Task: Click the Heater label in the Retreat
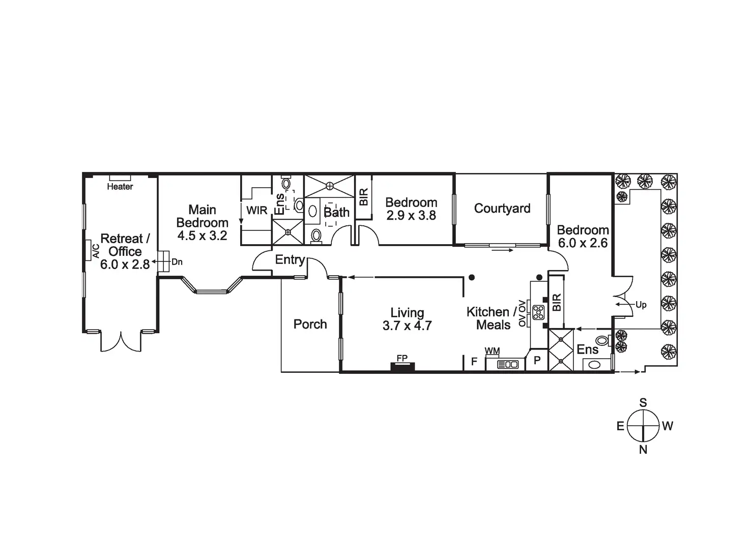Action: [x=120, y=187]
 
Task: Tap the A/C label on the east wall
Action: [x=96, y=250]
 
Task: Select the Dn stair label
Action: [x=177, y=262]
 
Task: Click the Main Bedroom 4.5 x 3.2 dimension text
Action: [x=202, y=236]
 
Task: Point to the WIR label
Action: [x=257, y=210]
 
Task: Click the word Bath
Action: [x=337, y=212]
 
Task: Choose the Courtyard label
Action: [x=502, y=209]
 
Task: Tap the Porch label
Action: [x=310, y=324]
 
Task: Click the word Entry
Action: [x=290, y=260]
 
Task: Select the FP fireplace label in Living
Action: [x=402, y=358]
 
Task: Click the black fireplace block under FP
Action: [x=402, y=366]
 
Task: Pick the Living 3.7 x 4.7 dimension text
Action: [x=407, y=326]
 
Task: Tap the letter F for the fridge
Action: [x=474, y=362]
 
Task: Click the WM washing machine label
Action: [x=492, y=351]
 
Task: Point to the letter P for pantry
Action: [x=537, y=362]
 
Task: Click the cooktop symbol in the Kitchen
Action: [x=538, y=311]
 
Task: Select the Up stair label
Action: [x=641, y=305]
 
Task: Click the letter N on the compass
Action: [x=643, y=449]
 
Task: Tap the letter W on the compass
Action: [x=668, y=426]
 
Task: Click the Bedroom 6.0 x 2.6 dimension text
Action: [x=583, y=243]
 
